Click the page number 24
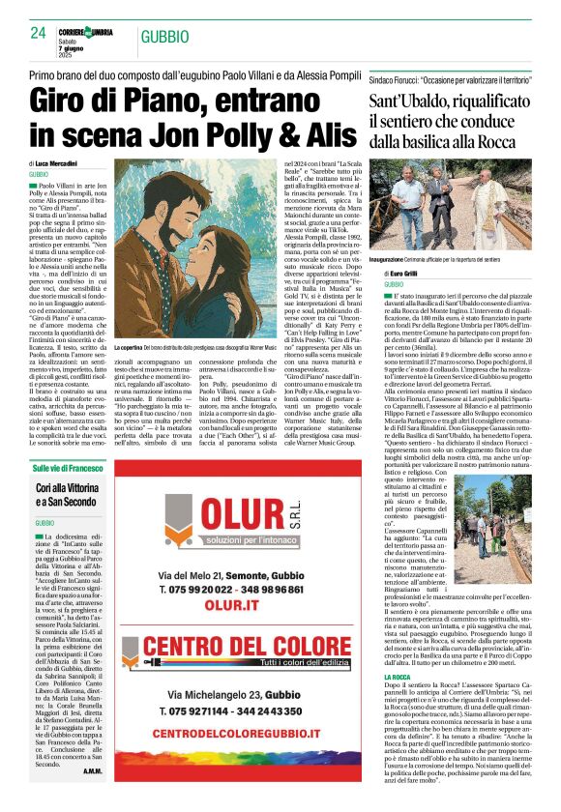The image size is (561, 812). (x=38, y=33)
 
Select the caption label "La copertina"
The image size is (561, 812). (x=130, y=346)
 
